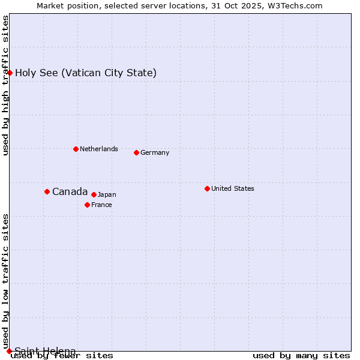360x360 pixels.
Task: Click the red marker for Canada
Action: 47,191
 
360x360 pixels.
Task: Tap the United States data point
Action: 207,188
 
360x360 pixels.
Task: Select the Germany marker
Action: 136,152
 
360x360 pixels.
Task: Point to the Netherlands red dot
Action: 76,149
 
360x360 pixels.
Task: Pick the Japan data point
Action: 94,194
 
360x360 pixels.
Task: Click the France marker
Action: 87,205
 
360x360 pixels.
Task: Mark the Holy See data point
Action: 10,73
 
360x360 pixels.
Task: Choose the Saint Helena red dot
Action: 9,351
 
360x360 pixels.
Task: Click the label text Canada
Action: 70,192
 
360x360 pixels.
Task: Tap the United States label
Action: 233,188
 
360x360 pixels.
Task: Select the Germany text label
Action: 155,152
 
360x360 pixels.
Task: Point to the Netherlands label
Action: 99,149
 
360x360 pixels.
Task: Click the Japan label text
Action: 107,194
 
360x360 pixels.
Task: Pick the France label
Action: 101,205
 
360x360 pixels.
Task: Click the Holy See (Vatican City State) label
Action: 86,73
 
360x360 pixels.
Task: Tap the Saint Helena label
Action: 45,351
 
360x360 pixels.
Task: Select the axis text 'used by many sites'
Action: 301,356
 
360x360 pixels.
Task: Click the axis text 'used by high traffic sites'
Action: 6,85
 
